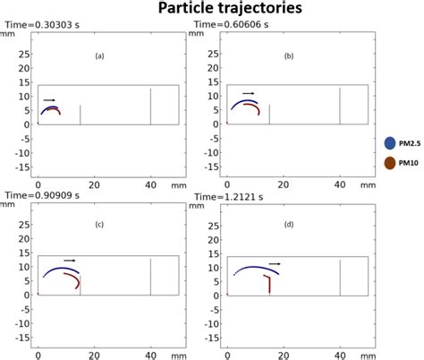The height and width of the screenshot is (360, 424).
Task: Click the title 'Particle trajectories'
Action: [x=212, y=9]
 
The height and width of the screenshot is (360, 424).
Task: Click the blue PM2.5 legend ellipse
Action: [x=390, y=142]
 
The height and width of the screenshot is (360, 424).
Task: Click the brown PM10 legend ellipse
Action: [x=390, y=163]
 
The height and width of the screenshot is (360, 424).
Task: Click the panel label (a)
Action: [x=100, y=56]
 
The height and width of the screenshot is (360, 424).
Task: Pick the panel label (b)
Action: [x=289, y=56]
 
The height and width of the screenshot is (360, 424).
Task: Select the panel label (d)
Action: [x=289, y=225]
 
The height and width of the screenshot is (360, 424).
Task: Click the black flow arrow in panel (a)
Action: [x=49, y=100]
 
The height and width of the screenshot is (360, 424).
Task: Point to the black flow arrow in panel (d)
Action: [x=275, y=264]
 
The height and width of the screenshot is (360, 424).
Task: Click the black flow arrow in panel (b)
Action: [x=248, y=92]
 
